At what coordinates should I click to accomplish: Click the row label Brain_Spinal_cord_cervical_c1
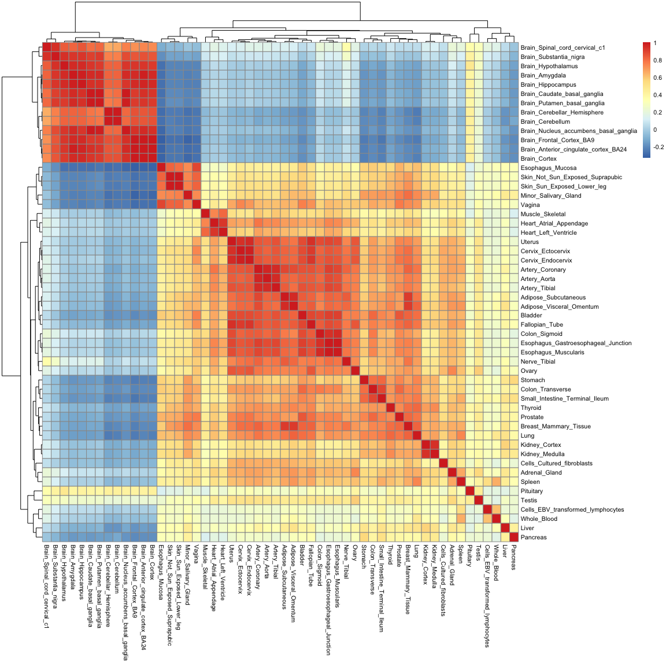click(562, 48)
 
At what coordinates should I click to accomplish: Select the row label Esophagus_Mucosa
click(548, 168)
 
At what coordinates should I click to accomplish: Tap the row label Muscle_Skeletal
click(543, 214)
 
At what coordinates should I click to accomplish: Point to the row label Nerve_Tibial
click(538, 362)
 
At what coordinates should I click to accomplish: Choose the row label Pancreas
click(533, 538)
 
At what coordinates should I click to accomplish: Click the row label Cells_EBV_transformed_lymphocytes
click(572, 510)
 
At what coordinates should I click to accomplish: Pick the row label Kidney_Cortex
click(541, 445)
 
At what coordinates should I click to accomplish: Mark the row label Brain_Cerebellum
click(545, 122)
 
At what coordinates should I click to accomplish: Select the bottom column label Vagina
click(197, 554)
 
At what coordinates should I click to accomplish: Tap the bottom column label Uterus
click(232, 554)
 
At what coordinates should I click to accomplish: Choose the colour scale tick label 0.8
click(658, 61)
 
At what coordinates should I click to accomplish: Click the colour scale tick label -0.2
click(658, 147)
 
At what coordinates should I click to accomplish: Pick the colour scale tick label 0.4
click(658, 95)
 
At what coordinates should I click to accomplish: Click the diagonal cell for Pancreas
click(514, 538)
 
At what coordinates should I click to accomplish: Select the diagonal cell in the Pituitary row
click(470, 491)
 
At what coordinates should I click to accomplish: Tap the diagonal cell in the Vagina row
click(197, 205)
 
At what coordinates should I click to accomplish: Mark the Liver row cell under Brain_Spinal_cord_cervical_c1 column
click(47, 528)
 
